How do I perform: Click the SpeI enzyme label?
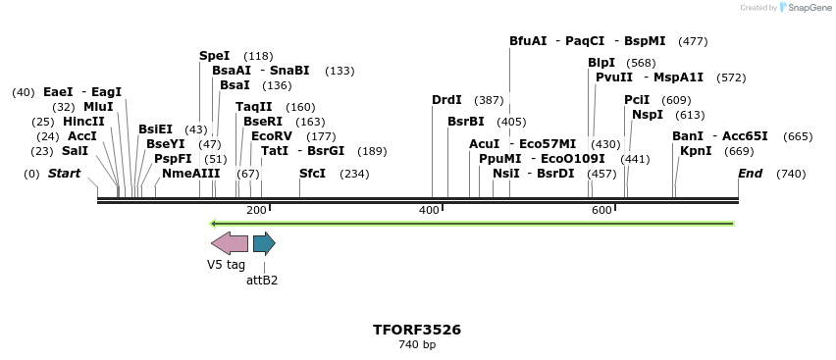214,56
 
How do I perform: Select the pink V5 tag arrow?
229,243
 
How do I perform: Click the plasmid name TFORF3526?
417,330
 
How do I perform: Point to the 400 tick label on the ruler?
429,211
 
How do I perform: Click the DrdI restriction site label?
446,100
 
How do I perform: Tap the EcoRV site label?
272,136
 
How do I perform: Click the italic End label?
750,174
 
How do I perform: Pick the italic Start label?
64,174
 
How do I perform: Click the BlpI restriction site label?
601,63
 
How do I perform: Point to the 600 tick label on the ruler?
601,211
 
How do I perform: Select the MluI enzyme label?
98,107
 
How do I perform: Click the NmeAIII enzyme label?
191,174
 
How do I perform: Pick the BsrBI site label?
466,122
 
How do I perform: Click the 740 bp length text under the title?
417,345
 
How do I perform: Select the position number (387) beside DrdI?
489,100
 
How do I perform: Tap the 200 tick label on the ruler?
256,211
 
